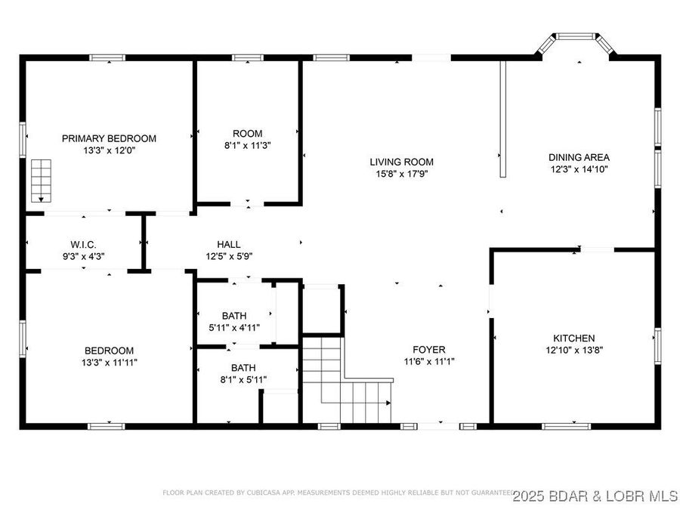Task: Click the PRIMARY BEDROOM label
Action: click(x=109, y=138)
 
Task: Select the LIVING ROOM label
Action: click(x=401, y=162)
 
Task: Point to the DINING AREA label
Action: click(x=579, y=157)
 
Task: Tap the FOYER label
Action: click(x=428, y=349)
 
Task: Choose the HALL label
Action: click(x=229, y=244)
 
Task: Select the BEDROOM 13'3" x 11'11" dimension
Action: click(x=109, y=363)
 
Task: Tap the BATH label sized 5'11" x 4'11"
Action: click(x=233, y=315)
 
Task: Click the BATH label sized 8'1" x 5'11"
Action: click(x=243, y=368)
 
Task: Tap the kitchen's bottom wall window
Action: click(x=566, y=426)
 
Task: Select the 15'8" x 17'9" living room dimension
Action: click(x=401, y=174)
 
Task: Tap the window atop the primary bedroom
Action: click(x=107, y=57)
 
